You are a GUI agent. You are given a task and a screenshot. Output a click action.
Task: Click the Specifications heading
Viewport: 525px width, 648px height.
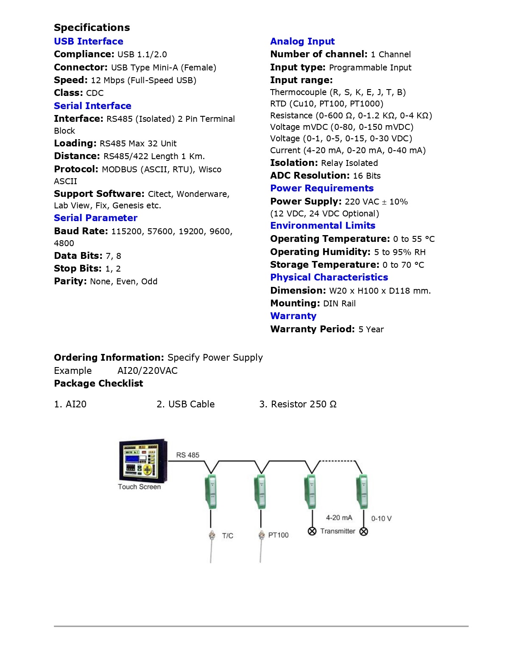[92, 28]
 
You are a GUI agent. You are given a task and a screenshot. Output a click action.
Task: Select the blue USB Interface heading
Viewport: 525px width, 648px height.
[88, 41]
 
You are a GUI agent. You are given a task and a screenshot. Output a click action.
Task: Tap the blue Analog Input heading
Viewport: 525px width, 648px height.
[302, 41]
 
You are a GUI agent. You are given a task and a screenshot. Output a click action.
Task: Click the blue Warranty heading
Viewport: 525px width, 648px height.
[293, 316]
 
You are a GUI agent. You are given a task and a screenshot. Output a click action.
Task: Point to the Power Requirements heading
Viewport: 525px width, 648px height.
[321, 188]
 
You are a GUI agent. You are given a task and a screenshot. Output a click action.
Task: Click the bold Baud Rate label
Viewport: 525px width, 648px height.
[81, 231]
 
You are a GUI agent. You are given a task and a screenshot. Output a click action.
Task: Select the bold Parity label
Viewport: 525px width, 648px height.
[70, 281]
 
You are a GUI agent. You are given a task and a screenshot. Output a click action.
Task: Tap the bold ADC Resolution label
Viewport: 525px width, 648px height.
[310, 176]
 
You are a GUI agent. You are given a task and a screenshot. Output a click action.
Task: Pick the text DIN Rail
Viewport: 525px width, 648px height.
[339, 303]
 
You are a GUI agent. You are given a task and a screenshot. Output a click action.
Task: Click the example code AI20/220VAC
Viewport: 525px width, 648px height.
[147, 370]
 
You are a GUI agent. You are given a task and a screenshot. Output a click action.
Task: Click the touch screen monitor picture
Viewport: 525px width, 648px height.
[143, 460]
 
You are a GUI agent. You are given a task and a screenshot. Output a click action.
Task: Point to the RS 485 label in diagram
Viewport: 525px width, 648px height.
[187, 455]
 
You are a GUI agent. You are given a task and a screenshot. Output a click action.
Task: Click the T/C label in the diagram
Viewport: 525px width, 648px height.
[227, 536]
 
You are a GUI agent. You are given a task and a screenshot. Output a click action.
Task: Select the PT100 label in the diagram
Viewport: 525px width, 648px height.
[278, 535]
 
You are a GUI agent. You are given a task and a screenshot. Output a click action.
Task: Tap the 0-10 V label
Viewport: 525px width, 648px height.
[381, 519]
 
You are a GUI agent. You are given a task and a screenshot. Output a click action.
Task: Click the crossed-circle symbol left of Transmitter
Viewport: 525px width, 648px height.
[312, 531]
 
